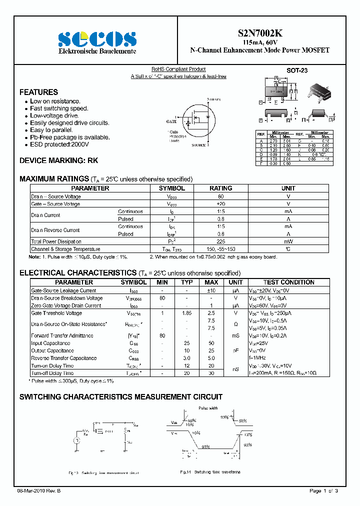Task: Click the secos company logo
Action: pyautogui.click(x=97, y=38)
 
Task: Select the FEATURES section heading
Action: pyautogui.click(x=38, y=92)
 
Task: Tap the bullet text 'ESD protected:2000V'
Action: pyautogui.click(x=59, y=144)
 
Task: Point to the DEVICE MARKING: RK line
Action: pyautogui.click(x=58, y=161)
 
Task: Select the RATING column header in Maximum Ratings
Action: pyautogui.click(x=220, y=188)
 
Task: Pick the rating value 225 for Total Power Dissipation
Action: pyautogui.click(x=220, y=241)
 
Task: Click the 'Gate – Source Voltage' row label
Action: pyautogui.click(x=55, y=204)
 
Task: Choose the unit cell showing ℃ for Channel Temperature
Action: pyautogui.click(x=288, y=249)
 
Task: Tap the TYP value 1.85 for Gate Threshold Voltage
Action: pyautogui.click(x=187, y=313)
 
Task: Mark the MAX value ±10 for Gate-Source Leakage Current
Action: pyautogui.click(x=211, y=290)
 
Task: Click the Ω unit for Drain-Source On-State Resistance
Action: pyautogui.click(x=235, y=324)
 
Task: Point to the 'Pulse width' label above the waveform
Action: pyautogui.click(x=208, y=408)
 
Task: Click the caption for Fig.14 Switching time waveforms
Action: pyautogui.click(x=210, y=472)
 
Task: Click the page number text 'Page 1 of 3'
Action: pyautogui.click(x=323, y=491)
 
